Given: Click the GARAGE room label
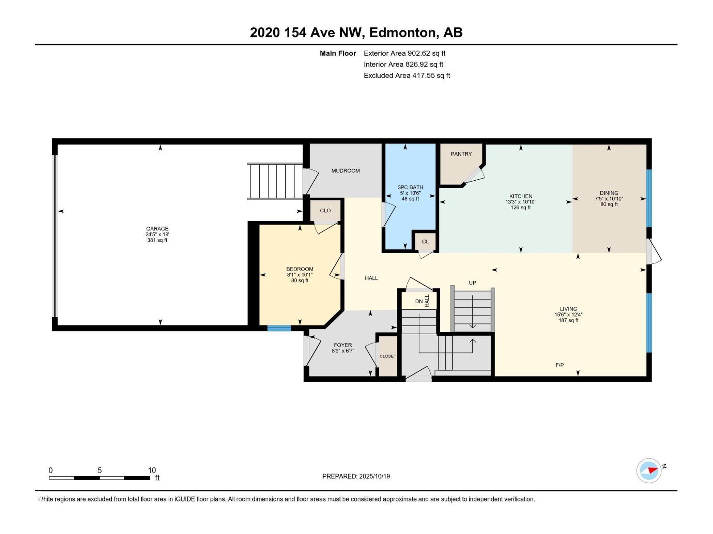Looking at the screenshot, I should click(x=157, y=229).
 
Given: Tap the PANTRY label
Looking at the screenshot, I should click(x=461, y=154).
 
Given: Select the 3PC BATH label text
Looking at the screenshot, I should click(x=410, y=187).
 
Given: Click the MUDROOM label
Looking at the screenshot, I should click(x=345, y=171).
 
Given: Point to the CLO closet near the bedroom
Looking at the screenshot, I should click(x=325, y=210).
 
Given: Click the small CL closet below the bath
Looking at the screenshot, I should click(x=425, y=242).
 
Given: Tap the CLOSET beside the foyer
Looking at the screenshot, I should click(x=388, y=356).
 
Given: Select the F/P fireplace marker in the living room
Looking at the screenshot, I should click(x=560, y=365).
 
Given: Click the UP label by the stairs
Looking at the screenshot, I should click(x=472, y=283).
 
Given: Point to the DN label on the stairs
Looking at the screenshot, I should click(x=419, y=301).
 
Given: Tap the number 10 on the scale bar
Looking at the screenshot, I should click(x=152, y=470).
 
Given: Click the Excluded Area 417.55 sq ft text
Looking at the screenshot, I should click(x=406, y=76).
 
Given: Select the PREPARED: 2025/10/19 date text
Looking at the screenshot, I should click(x=356, y=476).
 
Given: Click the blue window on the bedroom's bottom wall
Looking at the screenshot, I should click(x=279, y=328).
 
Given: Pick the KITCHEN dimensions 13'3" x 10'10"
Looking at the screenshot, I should click(x=520, y=202).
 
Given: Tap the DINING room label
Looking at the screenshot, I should click(x=609, y=193).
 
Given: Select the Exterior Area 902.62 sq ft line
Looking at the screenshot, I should click(x=404, y=53).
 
